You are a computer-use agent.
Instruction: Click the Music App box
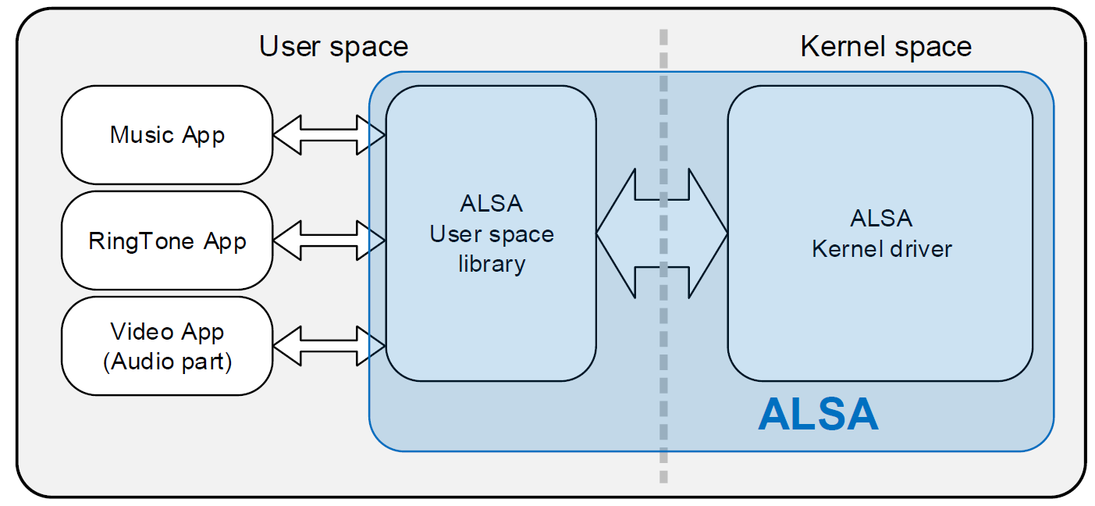point(167,135)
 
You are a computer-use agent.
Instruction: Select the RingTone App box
point(167,241)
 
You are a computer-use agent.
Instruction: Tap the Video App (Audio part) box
point(167,346)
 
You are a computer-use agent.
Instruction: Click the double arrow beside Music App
point(329,135)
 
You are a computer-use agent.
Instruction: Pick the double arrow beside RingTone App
point(329,241)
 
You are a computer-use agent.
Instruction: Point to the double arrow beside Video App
point(329,346)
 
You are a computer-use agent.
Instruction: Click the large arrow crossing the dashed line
point(662,233)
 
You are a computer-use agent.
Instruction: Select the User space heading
point(333,47)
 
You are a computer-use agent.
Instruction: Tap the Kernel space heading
point(886,47)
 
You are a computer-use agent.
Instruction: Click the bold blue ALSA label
point(818,415)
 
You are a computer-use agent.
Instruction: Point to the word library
point(492,264)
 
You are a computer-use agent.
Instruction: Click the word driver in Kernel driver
point(921,249)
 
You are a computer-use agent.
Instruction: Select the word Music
point(142,135)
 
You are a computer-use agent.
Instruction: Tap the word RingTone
point(141,241)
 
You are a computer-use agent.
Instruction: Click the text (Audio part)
point(167,362)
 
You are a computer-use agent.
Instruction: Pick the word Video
point(142,331)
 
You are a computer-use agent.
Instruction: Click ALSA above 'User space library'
point(491,203)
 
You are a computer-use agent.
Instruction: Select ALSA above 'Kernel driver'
point(881,218)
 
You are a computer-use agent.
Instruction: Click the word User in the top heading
point(290,47)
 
